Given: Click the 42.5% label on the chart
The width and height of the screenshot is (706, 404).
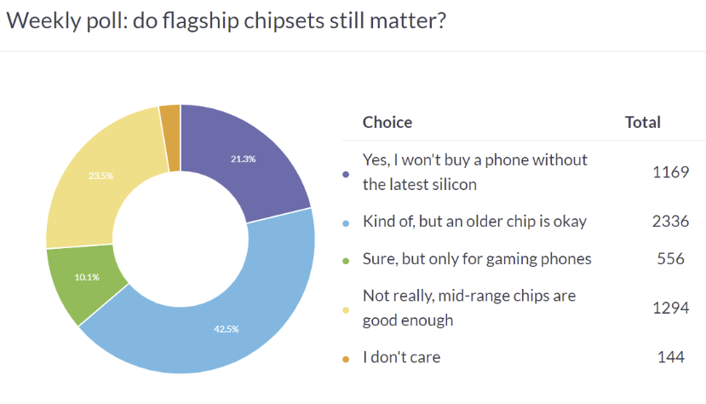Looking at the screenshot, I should (220, 328).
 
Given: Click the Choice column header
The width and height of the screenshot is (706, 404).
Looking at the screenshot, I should (387, 122).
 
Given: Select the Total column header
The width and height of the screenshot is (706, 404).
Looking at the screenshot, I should (643, 122).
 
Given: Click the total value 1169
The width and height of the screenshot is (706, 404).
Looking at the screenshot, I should (670, 172).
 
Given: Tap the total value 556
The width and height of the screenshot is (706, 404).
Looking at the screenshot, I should (670, 258).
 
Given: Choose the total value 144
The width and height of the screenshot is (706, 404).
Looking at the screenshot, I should (670, 357).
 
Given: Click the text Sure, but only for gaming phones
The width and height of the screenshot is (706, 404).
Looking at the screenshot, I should (477, 258).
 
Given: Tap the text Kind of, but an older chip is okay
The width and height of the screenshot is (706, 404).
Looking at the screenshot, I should (474, 222).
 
